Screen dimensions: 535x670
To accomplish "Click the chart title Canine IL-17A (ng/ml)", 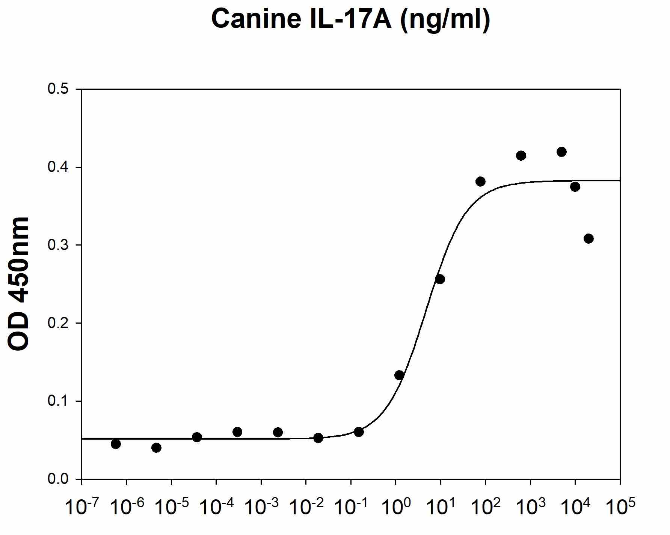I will point(351,19).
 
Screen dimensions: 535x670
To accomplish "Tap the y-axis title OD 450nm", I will point(18,284).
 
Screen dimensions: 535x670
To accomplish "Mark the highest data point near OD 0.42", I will point(561,152).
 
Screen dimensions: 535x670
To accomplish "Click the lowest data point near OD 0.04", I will point(157,448).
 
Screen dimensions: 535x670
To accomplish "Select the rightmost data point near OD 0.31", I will point(589,238).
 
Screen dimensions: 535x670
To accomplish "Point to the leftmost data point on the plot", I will point(116,444).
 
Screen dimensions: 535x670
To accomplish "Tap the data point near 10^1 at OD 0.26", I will point(440,279).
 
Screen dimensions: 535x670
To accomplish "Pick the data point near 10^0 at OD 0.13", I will point(399,375).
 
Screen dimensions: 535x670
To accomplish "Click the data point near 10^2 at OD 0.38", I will point(480,182).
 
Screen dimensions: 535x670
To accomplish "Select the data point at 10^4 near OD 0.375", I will point(575,187).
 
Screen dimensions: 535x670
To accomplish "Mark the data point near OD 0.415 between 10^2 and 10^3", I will point(521,156).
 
